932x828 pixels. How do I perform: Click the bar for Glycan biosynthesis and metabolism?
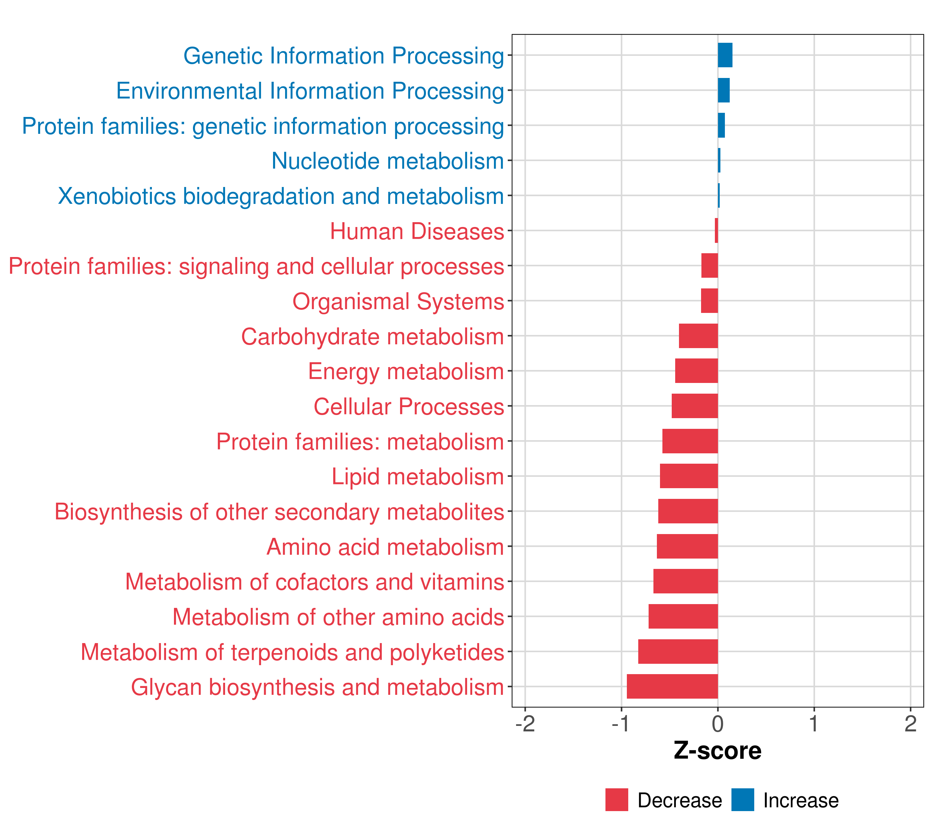(x=672, y=686)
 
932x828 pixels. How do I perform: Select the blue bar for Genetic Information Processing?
(x=725, y=55)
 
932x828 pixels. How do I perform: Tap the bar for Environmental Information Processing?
(x=724, y=90)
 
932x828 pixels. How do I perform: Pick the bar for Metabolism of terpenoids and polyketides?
(x=678, y=651)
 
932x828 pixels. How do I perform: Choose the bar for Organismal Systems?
(x=709, y=301)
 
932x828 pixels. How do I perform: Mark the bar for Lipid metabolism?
(x=689, y=476)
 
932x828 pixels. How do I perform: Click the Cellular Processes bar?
(x=695, y=406)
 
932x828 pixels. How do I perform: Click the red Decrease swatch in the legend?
(x=617, y=800)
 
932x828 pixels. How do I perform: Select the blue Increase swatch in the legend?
(x=742, y=800)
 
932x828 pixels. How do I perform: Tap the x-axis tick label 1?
(x=814, y=724)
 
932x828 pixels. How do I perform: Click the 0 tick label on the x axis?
(x=718, y=724)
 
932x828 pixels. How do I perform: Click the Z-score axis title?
(x=717, y=750)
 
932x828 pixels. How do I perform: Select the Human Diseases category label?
(x=417, y=231)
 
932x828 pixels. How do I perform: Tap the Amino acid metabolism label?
(x=385, y=547)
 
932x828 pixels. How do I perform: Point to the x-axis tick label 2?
(x=910, y=724)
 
